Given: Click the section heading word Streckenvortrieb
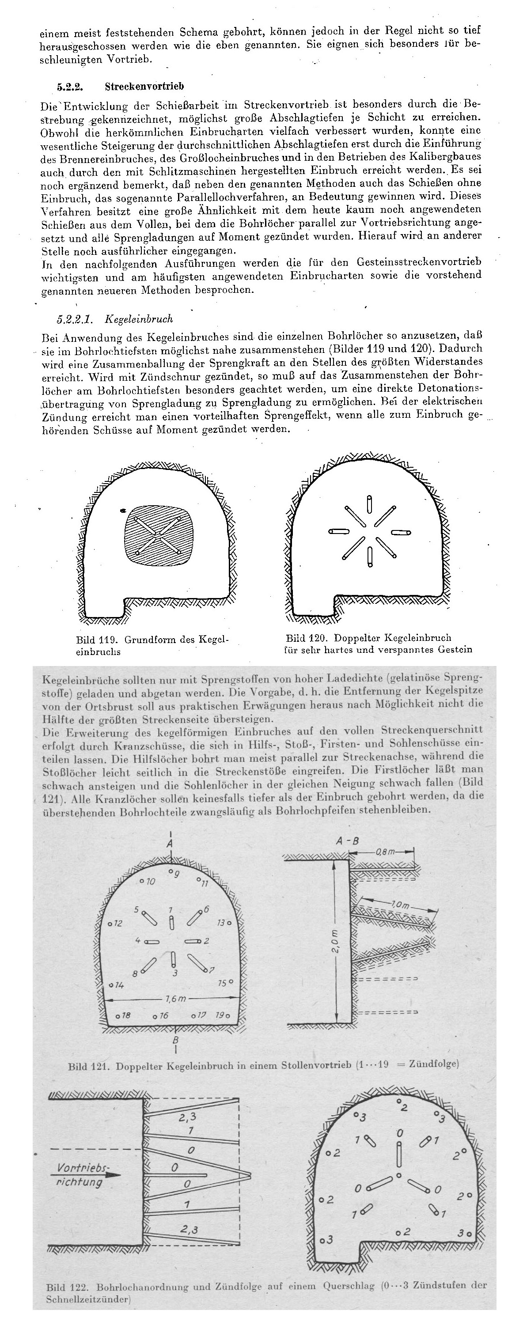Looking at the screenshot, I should pyautogui.click(x=144, y=86).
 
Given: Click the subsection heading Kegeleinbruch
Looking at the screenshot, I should pyautogui.click(x=139, y=319).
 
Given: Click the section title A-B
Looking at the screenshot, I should pyautogui.click(x=347, y=841).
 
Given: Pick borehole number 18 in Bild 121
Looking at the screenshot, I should pyautogui.click(x=125, y=1016).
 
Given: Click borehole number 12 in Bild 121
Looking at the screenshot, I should pyautogui.click(x=118, y=923).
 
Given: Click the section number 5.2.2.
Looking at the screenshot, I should pyautogui.click(x=70, y=86).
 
